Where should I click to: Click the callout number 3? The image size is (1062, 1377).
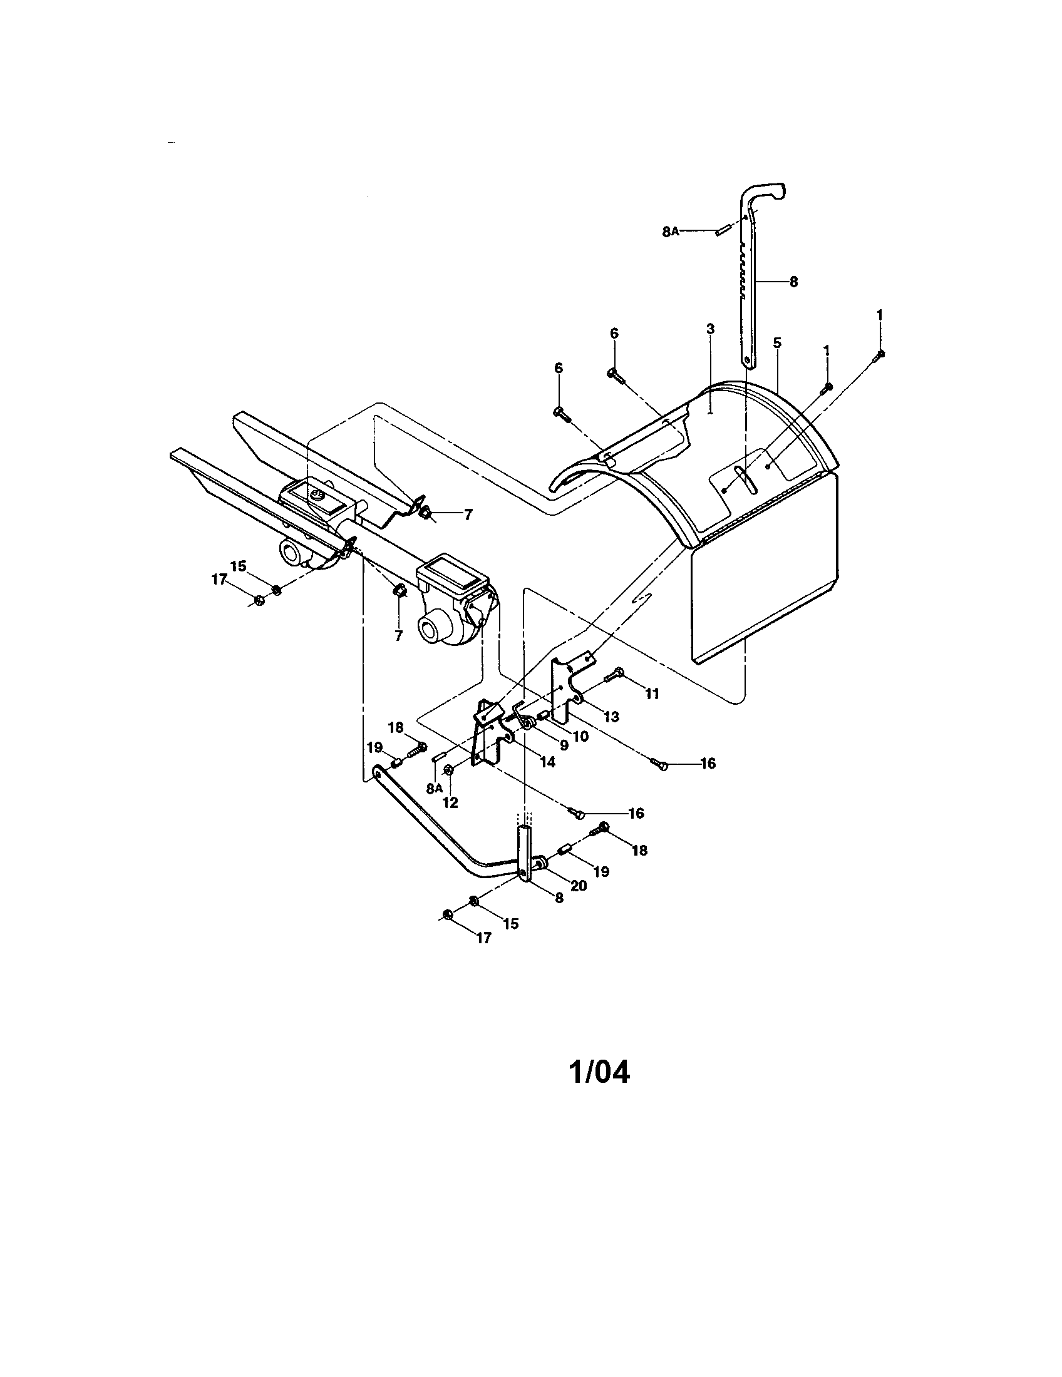[x=710, y=329]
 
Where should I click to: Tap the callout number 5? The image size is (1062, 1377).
[x=777, y=343]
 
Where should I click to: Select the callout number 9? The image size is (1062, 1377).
[x=564, y=745]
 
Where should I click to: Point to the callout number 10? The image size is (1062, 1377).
[x=581, y=736]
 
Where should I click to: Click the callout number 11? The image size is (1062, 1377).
[x=651, y=694]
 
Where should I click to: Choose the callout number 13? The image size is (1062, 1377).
[x=611, y=717]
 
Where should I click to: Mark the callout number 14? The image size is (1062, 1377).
[x=547, y=762]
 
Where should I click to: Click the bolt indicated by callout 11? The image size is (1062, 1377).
[x=614, y=675]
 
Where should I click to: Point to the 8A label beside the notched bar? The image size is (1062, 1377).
[x=671, y=232]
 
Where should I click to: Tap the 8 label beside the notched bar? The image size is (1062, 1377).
[x=793, y=282]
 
